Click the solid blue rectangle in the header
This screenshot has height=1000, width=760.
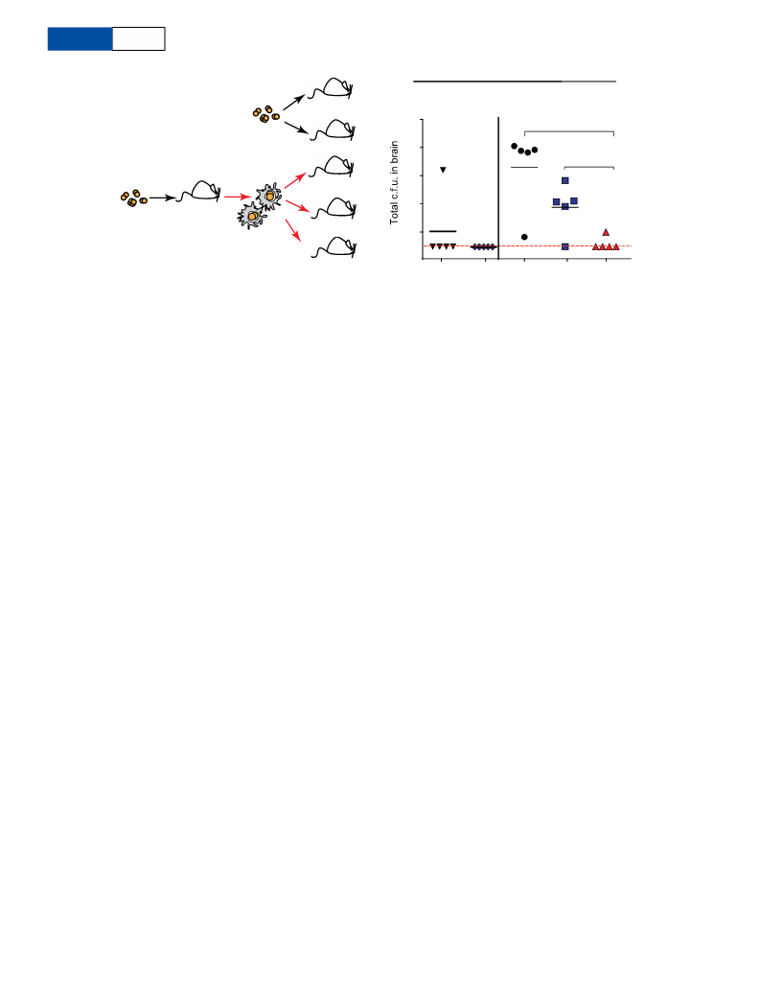pyautogui.click(x=80, y=39)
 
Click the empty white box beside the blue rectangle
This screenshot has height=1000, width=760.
pyautogui.click(x=138, y=39)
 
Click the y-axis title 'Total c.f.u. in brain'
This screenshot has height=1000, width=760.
pyautogui.click(x=394, y=182)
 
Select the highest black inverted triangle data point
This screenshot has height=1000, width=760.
pyautogui.click(x=443, y=170)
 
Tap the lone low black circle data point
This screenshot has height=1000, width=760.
pyautogui.click(x=524, y=237)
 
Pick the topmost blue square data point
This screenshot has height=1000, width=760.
pyautogui.click(x=564, y=180)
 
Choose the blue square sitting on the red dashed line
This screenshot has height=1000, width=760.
pyautogui.click(x=564, y=246)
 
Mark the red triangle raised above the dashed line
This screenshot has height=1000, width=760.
pyautogui.click(x=606, y=232)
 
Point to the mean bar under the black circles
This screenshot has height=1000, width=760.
pyautogui.click(x=524, y=167)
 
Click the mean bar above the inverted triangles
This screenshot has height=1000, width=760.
pyautogui.click(x=443, y=231)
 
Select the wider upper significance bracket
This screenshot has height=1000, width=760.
pyautogui.click(x=568, y=131)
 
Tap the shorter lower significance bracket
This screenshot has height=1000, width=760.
pyautogui.click(x=589, y=167)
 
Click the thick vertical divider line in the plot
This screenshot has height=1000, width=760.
pyautogui.click(x=498, y=188)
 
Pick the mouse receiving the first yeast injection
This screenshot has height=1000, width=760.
pyautogui.click(x=199, y=191)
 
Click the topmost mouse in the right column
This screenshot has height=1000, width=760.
pyautogui.click(x=332, y=88)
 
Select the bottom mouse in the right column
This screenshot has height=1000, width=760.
pyautogui.click(x=334, y=246)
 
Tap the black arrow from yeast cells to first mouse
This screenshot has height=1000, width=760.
pyautogui.click(x=162, y=198)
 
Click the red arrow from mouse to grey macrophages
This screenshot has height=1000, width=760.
pyautogui.click(x=236, y=197)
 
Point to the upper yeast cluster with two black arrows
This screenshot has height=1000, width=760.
pyautogui.click(x=265, y=114)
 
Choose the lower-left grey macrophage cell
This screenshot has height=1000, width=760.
pyautogui.click(x=250, y=216)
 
